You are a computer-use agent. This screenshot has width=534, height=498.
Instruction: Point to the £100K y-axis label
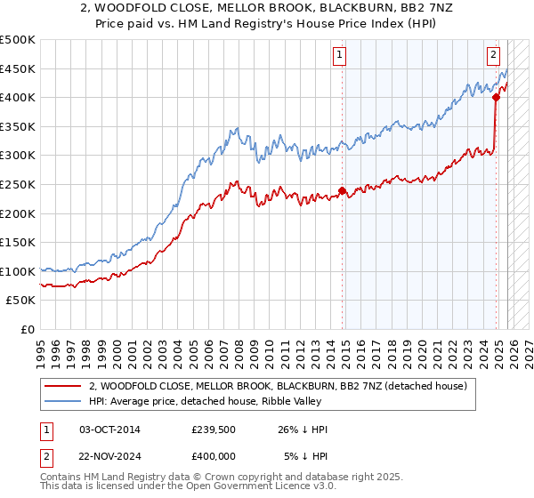18,271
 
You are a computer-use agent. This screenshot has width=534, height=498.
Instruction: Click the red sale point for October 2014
342,190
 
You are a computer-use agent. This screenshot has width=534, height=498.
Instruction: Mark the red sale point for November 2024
496,98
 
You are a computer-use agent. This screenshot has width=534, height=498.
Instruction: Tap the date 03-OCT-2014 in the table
109,430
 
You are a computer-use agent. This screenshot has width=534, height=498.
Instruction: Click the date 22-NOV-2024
109,457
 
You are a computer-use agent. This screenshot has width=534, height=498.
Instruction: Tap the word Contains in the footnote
61,477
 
